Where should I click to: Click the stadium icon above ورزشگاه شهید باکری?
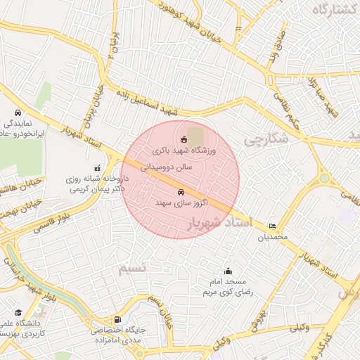(184, 139)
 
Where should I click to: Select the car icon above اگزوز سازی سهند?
(181, 191)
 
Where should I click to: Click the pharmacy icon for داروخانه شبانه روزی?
(97, 168)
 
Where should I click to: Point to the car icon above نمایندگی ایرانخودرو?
(18, 112)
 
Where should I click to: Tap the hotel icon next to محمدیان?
(272, 226)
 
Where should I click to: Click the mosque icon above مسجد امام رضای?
(228, 271)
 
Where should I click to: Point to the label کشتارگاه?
(330, 9)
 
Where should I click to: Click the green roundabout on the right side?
(324, 179)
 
